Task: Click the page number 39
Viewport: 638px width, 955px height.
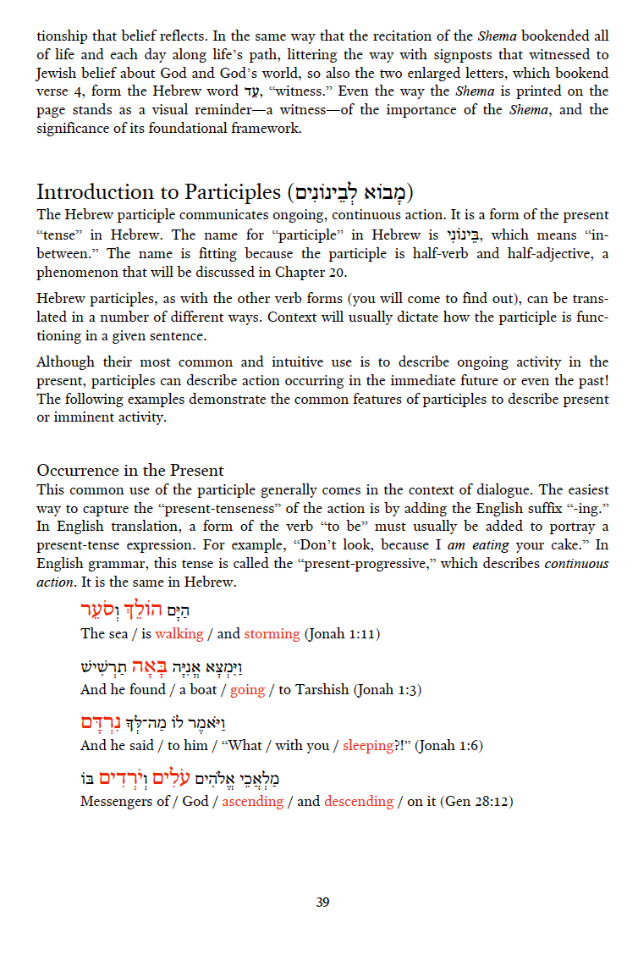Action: [322, 903]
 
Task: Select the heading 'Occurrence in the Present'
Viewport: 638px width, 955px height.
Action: [130, 471]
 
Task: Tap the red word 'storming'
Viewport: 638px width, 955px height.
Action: [272, 633]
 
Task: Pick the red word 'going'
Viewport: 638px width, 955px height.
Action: [248, 689]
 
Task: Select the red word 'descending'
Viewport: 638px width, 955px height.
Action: [359, 801]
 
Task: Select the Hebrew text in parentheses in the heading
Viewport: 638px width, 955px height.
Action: [350, 192]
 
